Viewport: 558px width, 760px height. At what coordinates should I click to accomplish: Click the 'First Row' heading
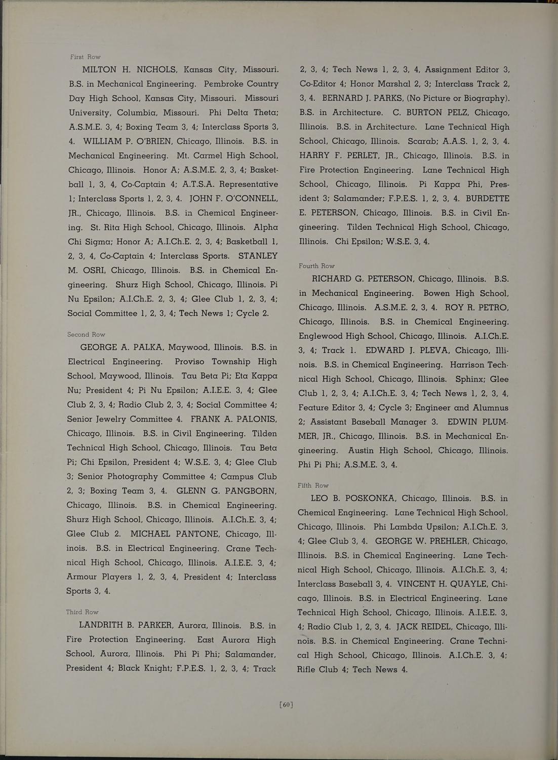click(85, 57)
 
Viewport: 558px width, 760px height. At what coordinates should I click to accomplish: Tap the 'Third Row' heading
click(82, 612)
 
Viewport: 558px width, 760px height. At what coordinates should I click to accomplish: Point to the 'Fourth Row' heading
click(316, 265)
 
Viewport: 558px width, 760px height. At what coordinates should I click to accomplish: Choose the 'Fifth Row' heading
click(313, 485)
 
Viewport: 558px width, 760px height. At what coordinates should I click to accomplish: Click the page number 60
click(286, 704)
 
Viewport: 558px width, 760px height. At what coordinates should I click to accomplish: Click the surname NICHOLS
click(156, 69)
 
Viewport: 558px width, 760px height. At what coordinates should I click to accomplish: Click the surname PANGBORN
click(247, 491)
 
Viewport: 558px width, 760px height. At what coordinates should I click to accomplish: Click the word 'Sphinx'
click(471, 379)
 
